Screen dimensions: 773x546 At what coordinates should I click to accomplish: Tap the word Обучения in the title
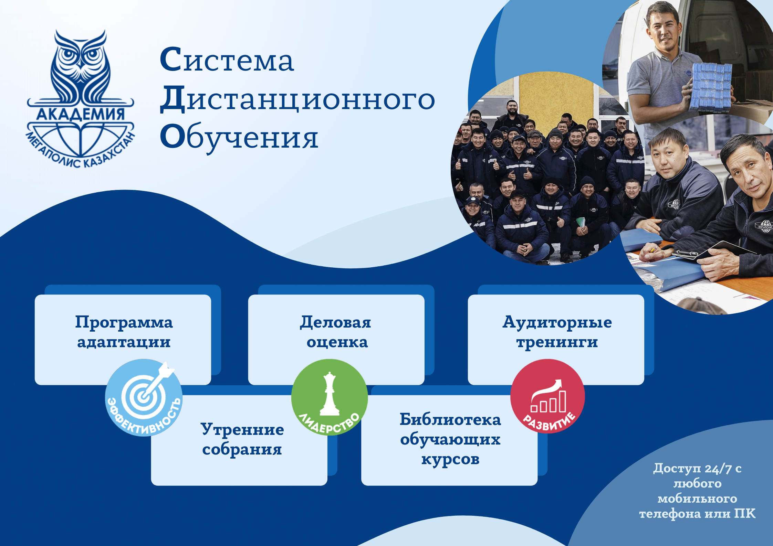tap(239, 138)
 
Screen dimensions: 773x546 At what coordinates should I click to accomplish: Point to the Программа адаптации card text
tap(124, 332)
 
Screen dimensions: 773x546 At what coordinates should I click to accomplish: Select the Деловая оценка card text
tap(336, 332)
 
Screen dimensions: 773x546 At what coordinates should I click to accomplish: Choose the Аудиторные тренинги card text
tap(557, 332)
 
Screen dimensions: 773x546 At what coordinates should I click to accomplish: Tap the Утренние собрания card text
tap(242, 439)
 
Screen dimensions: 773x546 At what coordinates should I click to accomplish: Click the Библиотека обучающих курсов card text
tap(450, 439)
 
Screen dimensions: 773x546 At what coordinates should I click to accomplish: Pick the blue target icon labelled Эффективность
tap(144, 397)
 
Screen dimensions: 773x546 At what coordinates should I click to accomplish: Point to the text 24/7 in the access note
tap(718, 469)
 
